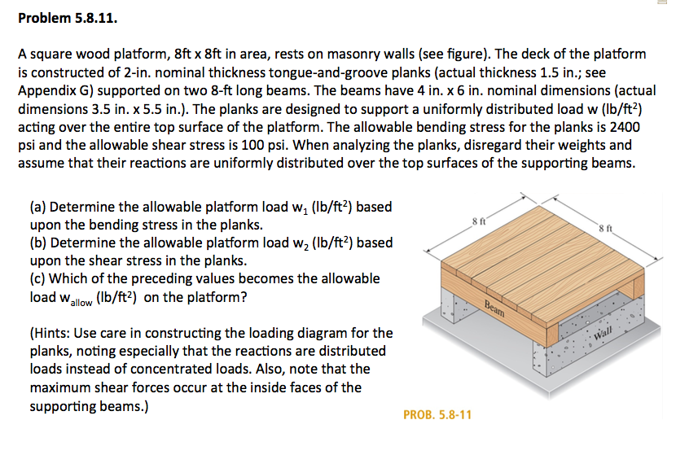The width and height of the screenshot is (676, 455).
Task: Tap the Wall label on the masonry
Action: coord(604,334)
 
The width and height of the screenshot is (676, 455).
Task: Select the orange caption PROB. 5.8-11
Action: coord(437,415)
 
